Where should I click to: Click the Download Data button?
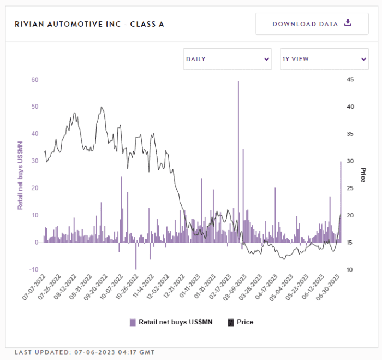312,23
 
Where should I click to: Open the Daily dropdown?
227,58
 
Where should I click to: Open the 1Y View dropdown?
324,58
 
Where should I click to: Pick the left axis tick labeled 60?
34,80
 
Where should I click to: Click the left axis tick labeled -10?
34,269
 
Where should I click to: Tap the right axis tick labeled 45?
350,80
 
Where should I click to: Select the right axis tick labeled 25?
350,188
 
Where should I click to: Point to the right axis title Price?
362,175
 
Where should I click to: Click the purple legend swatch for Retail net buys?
133,322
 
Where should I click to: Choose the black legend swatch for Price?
230,322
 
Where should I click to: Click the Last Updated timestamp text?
85,352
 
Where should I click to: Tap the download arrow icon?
348,23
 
